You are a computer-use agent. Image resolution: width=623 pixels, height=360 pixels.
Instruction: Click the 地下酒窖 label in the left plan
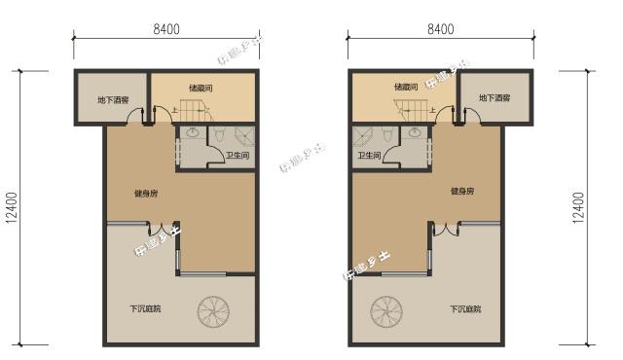[113, 99]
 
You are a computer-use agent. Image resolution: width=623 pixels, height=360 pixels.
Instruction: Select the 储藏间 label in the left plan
[201, 88]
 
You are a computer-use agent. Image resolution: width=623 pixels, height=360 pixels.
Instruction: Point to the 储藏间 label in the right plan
[406, 88]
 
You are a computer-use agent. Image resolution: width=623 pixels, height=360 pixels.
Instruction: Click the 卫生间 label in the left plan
[238, 156]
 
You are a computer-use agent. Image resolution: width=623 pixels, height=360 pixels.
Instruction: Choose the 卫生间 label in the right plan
[369, 156]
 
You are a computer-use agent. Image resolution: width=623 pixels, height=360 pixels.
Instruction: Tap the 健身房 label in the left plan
[146, 193]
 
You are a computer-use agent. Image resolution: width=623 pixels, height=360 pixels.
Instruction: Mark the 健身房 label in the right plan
[462, 193]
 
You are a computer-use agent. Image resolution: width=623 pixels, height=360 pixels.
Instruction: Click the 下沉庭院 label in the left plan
[146, 309]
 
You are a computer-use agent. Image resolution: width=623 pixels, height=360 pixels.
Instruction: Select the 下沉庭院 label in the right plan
[462, 309]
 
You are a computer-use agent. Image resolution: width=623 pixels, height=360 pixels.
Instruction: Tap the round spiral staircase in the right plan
[386, 312]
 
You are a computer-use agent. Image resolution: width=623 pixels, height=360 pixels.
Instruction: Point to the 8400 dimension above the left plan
[166, 29]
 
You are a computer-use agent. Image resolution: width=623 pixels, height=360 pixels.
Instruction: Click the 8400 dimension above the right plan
[440, 29]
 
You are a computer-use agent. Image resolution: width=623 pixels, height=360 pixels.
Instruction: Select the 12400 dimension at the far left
[12, 207]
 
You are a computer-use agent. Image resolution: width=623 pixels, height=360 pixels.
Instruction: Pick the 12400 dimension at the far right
[580, 207]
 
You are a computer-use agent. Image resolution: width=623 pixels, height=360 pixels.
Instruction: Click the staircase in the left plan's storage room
[189, 107]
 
